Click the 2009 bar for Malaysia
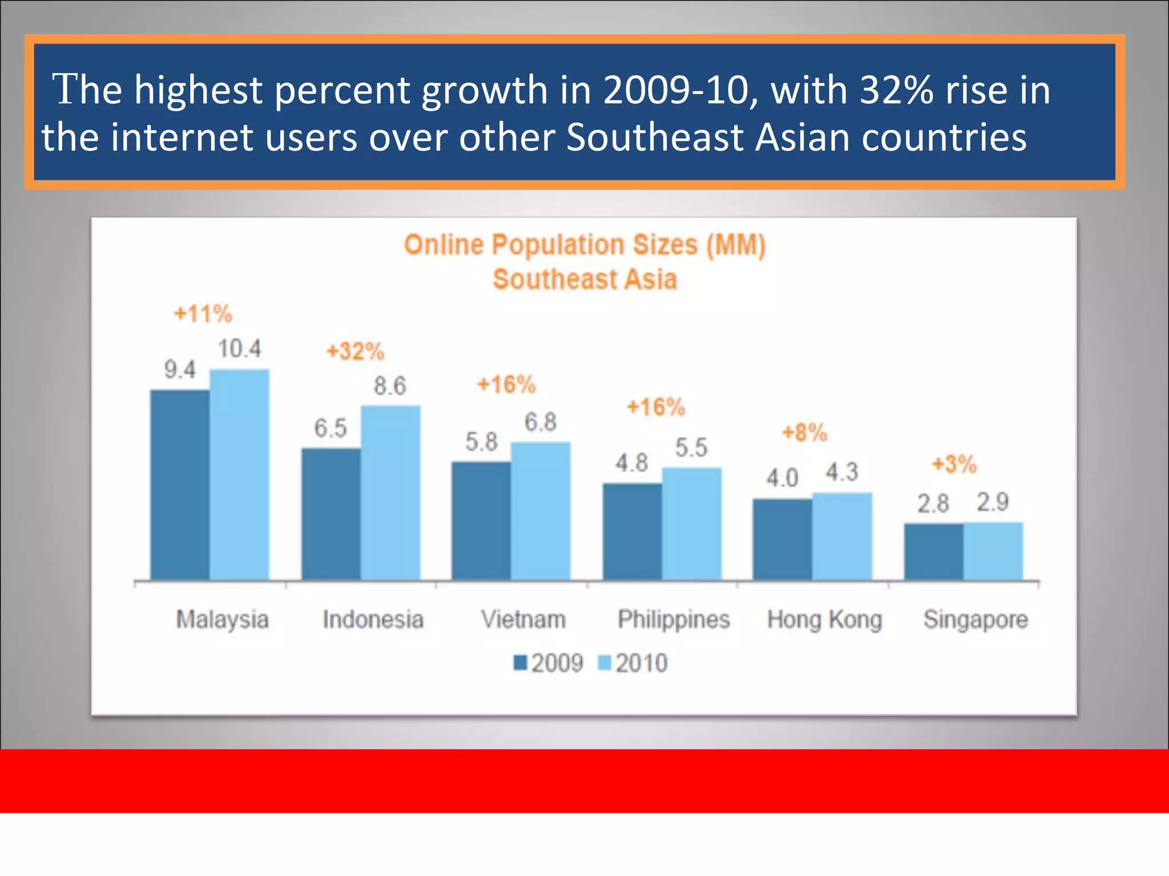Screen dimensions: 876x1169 coord(180,485)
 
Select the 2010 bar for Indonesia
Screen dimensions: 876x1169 coord(390,493)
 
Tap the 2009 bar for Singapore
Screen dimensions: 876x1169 coord(934,551)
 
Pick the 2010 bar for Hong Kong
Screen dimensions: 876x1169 coord(842,536)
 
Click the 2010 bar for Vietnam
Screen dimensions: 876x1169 coord(541,511)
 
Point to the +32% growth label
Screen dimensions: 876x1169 coord(355,351)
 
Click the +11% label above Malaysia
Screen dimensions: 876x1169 coord(203,314)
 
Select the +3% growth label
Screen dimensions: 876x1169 coord(954,464)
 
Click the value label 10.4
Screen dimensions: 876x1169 coord(239,348)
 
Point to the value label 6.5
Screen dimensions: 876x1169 coord(330,428)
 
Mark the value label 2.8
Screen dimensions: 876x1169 coord(933,504)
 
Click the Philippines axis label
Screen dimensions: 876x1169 coord(674,619)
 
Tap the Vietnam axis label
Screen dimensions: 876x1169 coord(523,619)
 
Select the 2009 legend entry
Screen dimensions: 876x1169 coord(549,663)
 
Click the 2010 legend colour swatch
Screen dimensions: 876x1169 coord(604,663)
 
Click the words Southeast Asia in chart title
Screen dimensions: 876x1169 coord(585,279)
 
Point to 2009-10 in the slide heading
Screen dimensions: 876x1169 coord(675,90)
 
